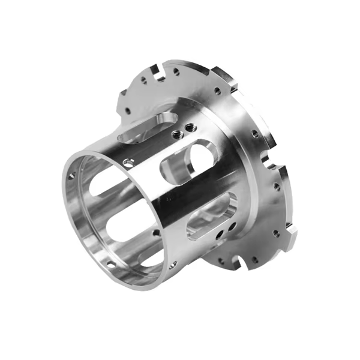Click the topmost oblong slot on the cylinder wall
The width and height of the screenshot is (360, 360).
click(144, 127)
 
